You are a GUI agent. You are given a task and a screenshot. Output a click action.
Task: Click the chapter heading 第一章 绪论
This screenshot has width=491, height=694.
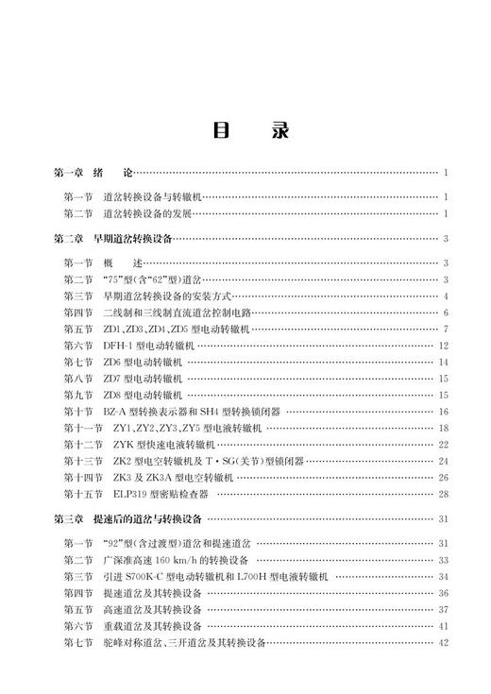tap(95, 174)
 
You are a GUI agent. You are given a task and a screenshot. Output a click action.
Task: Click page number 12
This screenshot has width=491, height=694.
tap(443, 346)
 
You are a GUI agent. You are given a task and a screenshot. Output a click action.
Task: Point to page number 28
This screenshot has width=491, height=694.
tap(443, 494)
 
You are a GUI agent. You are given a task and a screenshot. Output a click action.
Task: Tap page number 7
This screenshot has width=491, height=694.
tap(445, 329)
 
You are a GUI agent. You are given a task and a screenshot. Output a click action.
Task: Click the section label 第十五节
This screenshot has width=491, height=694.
tap(84, 494)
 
